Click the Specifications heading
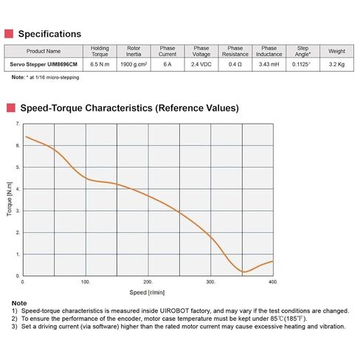49,34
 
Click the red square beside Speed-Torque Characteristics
11,108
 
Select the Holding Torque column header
100,51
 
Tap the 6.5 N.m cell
100,64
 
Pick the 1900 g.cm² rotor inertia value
134,64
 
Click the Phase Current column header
167,51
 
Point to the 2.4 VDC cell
201,64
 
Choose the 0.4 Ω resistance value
235,64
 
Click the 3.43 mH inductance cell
269,64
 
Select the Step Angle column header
302,51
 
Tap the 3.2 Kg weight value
336,64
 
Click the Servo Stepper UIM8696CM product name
44,64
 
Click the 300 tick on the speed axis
210,282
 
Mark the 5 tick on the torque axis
18,167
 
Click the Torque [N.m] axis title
10,199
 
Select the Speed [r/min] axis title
147,292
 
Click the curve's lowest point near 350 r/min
243,272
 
